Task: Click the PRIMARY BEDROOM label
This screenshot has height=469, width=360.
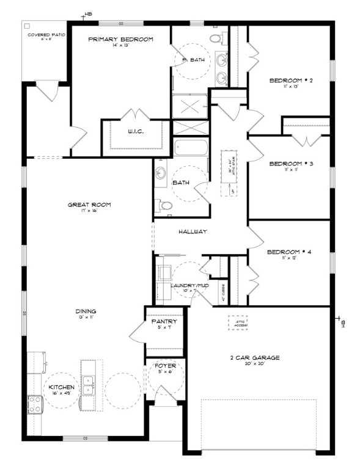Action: point(120,39)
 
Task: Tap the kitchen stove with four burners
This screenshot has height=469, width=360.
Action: point(34,404)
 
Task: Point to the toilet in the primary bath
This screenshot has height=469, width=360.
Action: point(216,38)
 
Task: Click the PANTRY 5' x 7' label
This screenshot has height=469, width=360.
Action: point(164,324)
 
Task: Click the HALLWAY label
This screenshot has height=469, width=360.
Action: point(194,232)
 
